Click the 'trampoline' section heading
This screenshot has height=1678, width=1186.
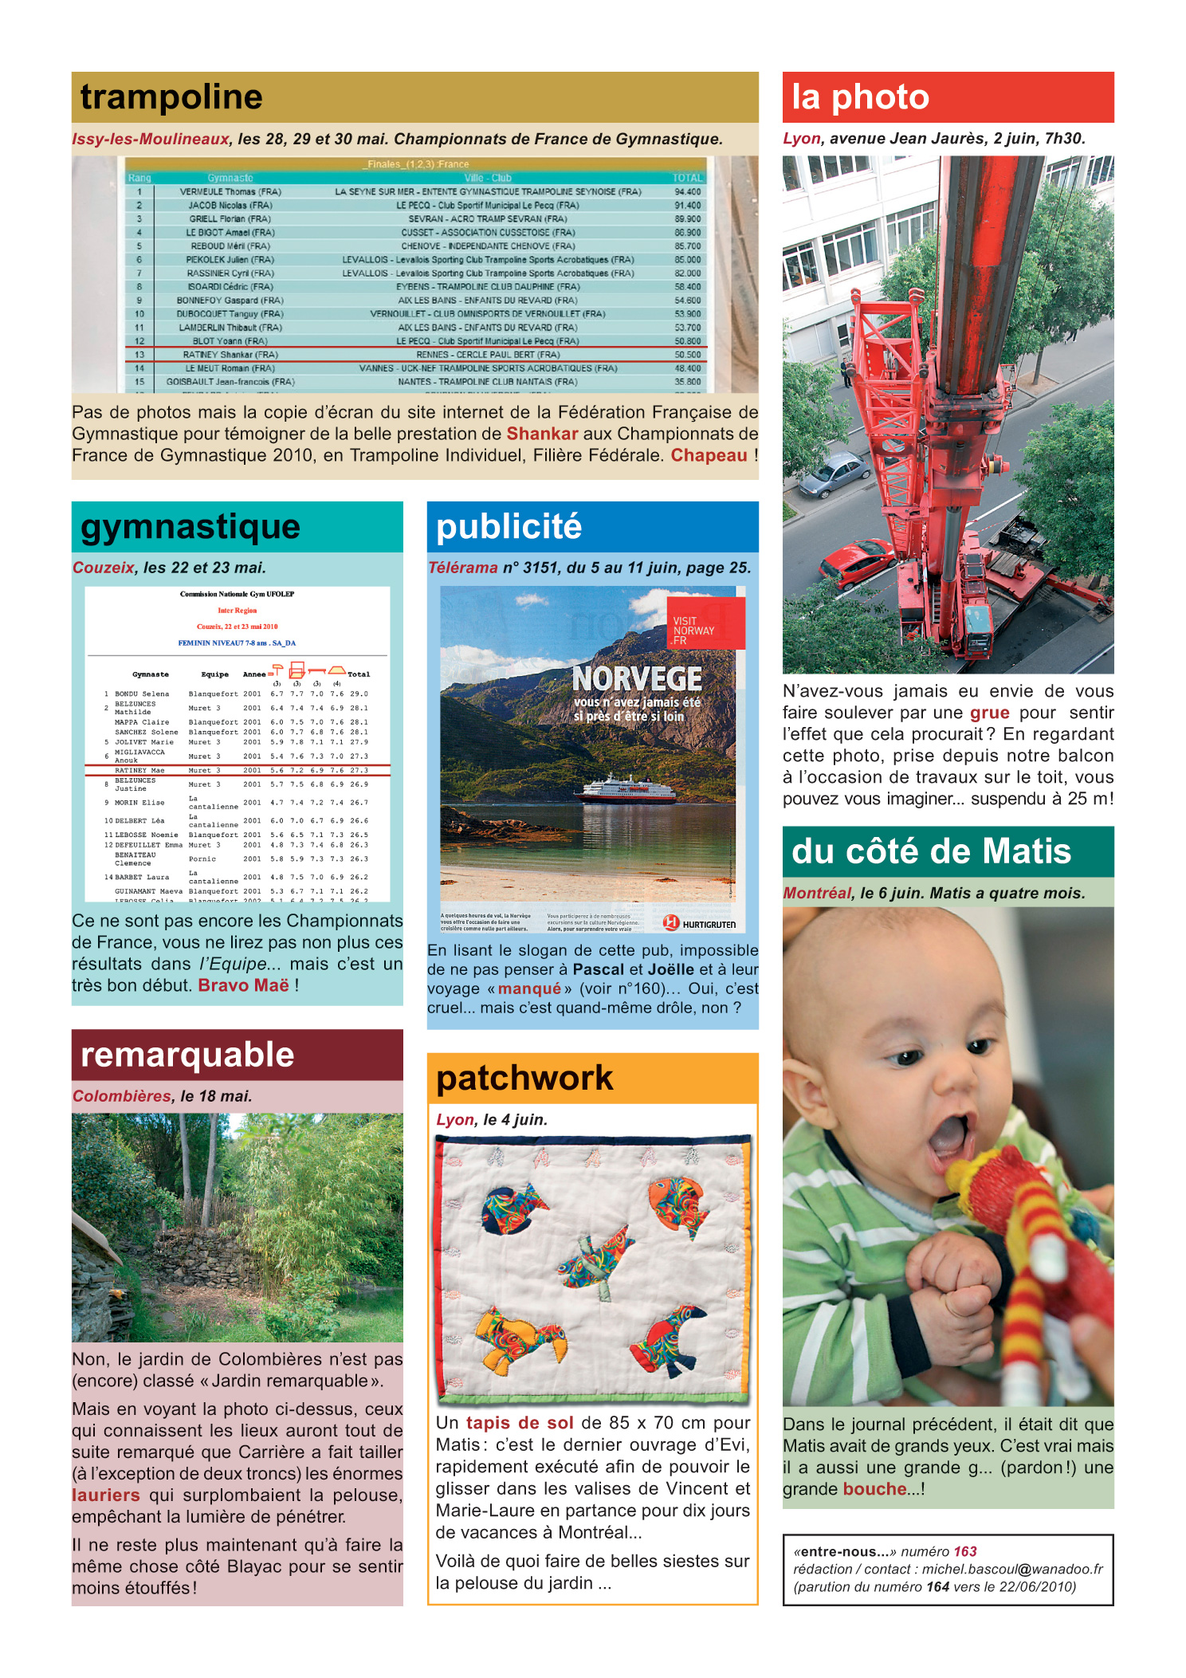pyautogui.click(x=171, y=97)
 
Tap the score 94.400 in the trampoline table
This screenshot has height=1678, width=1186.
pyautogui.click(x=687, y=191)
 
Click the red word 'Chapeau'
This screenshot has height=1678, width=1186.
pyautogui.click(x=709, y=455)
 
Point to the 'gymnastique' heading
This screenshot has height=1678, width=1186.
pyautogui.click(x=190, y=527)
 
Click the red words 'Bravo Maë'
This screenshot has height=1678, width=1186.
pyautogui.click(x=243, y=985)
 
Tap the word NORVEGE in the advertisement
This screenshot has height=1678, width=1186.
pyautogui.click(x=637, y=679)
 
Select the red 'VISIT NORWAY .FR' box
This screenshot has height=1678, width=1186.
pyautogui.click(x=705, y=623)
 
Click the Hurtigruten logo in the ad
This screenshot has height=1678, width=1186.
pyautogui.click(x=700, y=923)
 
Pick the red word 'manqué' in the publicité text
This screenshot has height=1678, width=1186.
pyautogui.click(x=529, y=988)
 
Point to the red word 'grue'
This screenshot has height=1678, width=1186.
pyautogui.click(x=989, y=713)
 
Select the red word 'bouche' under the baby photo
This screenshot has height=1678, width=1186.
pyautogui.click(x=874, y=1489)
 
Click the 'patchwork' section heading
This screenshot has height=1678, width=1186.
pyautogui.click(x=524, y=1079)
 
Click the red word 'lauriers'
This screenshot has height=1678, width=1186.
pyautogui.click(x=106, y=1495)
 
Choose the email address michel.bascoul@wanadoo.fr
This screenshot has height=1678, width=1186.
pyautogui.click(x=1012, y=1569)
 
